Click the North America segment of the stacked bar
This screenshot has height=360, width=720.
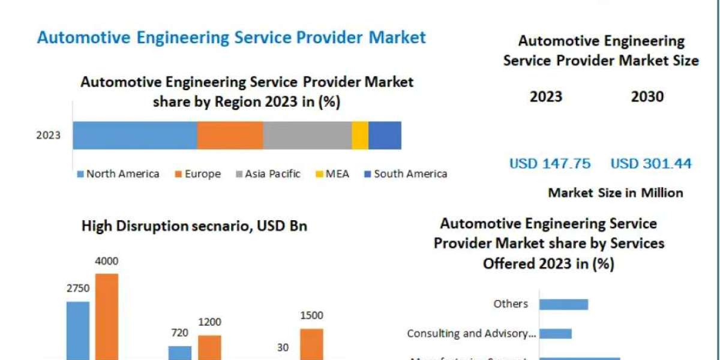coord(135,135)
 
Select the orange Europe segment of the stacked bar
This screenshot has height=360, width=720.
coord(230,135)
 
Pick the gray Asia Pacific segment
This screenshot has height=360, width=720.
coord(307,135)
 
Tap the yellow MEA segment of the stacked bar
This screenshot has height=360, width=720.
coord(360,135)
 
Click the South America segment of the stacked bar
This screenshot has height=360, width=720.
coord(385,135)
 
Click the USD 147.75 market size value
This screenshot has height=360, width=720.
coord(550,163)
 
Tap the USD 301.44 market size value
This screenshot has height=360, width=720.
coord(651,163)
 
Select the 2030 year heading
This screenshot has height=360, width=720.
coord(647,97)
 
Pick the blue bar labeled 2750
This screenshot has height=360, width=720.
coord(78,330)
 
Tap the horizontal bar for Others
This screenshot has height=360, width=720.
coord(563,304)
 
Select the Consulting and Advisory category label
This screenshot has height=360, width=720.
coord(471,334)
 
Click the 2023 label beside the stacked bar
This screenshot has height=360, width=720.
coord(49,135)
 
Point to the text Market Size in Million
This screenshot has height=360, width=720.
coord(615,193)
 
